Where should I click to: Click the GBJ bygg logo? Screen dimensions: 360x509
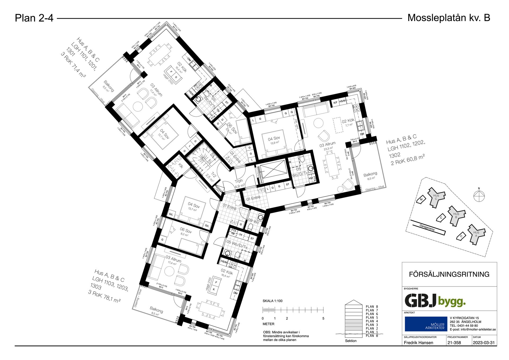435,301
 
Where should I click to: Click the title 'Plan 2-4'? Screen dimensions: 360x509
34,18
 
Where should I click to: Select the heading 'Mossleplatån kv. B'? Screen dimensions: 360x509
449,18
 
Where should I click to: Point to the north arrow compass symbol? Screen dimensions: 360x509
479,197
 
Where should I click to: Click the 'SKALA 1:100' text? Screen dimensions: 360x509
272,301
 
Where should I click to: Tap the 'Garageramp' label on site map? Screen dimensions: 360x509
427,228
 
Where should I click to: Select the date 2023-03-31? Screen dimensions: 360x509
484,342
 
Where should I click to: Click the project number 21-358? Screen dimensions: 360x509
454,342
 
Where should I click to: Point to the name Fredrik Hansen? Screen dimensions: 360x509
418,342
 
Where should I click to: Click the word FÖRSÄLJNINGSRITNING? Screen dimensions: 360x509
449,274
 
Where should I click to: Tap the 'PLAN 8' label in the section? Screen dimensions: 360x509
372,307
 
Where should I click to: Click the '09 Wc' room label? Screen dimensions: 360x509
253,221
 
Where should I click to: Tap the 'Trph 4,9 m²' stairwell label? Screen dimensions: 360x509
239,183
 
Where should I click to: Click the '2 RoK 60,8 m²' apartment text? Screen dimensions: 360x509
407,160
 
